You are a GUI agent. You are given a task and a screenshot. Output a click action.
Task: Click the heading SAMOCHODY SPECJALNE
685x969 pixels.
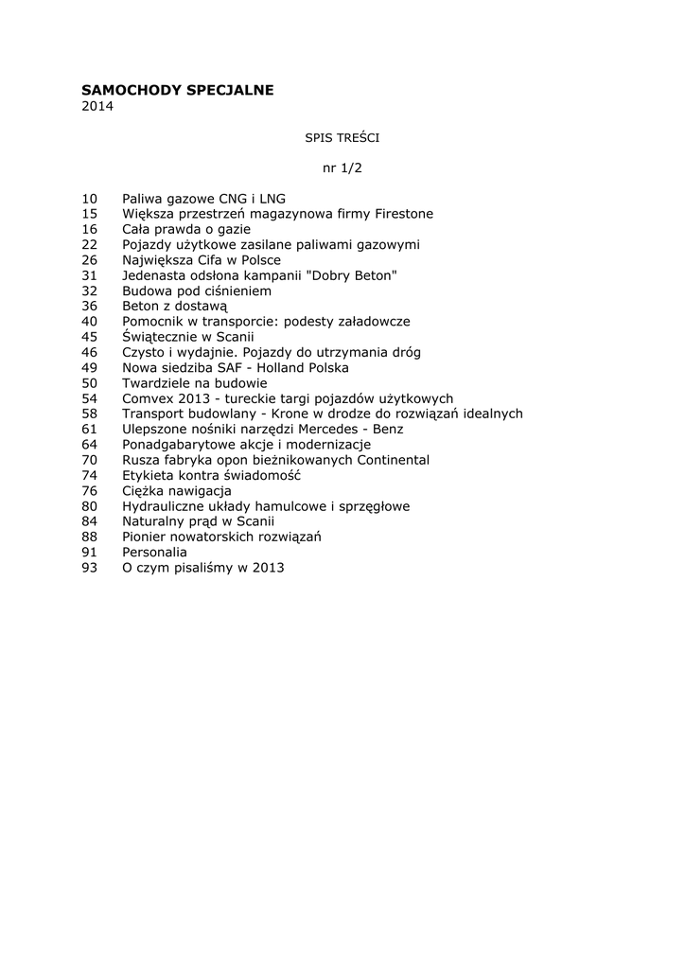[x=178, y=90]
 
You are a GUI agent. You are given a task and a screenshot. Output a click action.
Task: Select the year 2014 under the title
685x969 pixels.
[x=97, y=107]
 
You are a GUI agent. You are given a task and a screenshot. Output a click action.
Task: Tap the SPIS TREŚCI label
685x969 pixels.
[x=342, y=138]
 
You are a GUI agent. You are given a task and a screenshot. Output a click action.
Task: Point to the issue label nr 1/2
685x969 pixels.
[x=342, y=168]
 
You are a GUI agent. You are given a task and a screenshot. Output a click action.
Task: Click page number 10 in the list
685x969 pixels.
[x=90, y=199]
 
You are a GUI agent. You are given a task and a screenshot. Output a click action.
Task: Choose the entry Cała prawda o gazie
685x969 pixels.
[x=185, y=229]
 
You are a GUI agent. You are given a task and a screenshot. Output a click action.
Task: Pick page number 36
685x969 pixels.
[x=90, y=307]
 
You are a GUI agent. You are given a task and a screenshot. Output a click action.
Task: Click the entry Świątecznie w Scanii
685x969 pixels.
[x=188, y=337]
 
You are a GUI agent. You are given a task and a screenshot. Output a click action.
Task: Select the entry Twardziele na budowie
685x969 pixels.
[x=194, y=383]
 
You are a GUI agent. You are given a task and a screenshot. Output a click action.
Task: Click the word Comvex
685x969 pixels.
[x=148, y=398]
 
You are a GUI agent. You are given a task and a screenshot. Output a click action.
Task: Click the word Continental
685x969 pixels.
[x=387, y=460]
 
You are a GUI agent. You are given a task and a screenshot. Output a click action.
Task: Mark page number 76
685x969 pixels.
[x=90, y=490]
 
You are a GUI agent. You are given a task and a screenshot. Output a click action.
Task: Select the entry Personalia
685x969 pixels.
[x=154, y=552]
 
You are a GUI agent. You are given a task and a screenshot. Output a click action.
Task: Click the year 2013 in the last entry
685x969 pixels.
[x=267, y=568]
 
